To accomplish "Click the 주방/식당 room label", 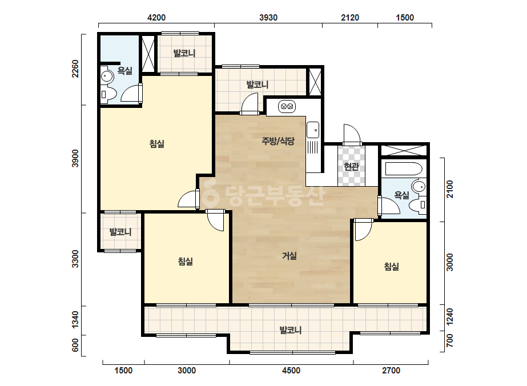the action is pyautogui.click(x=278, y=141).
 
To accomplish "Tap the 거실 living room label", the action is pyautogui.click(x=289, y=256).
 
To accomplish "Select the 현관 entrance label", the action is pyautogui.click(x=351, y=166).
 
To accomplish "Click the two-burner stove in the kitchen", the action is pyautogui.click(x=287, y=107).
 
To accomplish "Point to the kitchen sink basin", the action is pyautogui.click(x=312, y=130).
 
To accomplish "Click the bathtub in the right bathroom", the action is pyautogui.click(x=404, y=169).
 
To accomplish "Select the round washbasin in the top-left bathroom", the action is pyautogui.click(x=107, y=77).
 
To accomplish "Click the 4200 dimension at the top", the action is pyautogui.click(x=156, y=18).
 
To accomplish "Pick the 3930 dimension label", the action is pyautogui.click(x=268, y=18).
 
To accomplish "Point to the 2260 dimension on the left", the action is pyautogui.click(x=75, y=69).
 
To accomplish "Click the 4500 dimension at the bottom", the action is pyautogui.click(x=291, y=371).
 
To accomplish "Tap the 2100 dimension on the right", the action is pyautogui.click(x=450, y=190).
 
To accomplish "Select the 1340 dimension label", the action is pyautogui.click(x=75, y=319).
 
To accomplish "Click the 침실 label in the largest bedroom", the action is pyautogui.click(x=157, y=144).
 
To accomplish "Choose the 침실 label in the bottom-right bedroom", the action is pyautogui.click(x=391, y=267).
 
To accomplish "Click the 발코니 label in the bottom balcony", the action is pyautogui.click(x=291, y=330).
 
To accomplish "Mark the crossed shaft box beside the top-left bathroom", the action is pyautogui.click(x=148, y=54).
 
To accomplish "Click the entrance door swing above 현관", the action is pyautogui.click(x=352, y=133).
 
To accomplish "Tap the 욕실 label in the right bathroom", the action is pyautogui.click(x=401, y=195).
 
